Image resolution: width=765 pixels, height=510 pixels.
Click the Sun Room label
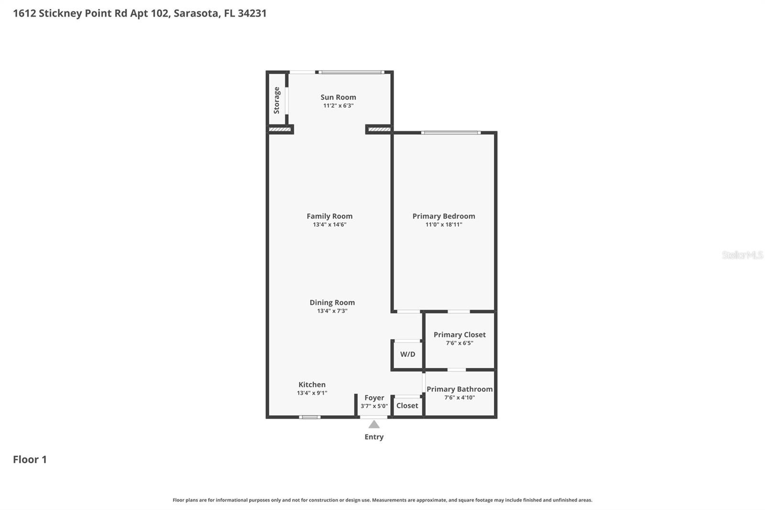tap(338, 97)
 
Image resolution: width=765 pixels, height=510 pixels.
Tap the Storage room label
tap(276, 100)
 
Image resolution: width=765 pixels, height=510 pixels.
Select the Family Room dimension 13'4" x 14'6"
tap(329, 224)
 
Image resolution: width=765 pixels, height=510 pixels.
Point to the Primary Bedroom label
tap(444, 216)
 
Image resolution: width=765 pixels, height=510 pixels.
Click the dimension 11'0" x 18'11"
tap(444, 224)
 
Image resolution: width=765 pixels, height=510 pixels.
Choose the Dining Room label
tap(332, 302)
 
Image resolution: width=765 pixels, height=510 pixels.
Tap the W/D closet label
tap(407, 355)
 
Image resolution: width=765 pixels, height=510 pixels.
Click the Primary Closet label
tap(459, 334)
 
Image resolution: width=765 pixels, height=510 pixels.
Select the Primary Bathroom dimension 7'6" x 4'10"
tap(459, 398)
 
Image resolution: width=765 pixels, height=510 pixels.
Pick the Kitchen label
tap(312, 385)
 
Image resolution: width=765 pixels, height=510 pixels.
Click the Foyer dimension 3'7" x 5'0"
tap(374, 406)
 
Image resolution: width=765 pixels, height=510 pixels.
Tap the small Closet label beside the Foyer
tap(407, 406)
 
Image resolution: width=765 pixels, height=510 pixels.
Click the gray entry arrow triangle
tap(374, 424)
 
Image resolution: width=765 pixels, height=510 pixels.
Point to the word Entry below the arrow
tap(374, 437)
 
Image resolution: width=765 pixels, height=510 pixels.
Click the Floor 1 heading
tap(30, 459)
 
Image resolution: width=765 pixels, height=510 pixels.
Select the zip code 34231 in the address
tap(252, 13)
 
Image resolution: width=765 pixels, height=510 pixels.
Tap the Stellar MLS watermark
tap(742, 255)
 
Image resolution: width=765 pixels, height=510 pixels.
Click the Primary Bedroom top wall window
tap(450, 133)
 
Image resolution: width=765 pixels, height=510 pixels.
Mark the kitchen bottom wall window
tap(310, 417)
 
